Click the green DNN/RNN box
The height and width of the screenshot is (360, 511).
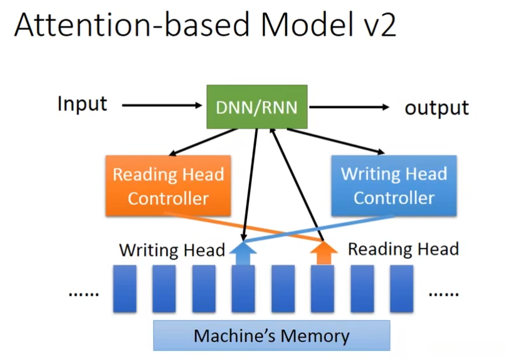tap(257, 107)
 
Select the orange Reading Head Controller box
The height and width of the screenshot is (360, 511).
tap(168, 186)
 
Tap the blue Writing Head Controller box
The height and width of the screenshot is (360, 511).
tap(394, 186)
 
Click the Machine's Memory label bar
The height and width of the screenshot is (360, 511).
tap(271, 336)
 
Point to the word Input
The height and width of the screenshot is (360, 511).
tap(82, 104)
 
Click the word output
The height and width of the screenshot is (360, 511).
tap(436, 107)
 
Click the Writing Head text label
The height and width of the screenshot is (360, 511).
tap(172, 251)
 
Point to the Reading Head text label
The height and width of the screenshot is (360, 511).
tap(403, 250)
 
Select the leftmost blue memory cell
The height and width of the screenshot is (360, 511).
tap(125, 289)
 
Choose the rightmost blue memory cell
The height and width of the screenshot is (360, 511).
tap(402, 289)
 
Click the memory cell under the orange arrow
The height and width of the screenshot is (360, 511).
tap(323, 289)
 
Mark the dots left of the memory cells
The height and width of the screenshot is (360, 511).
tap(83, 293)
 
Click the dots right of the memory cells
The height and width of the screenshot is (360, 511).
tap(443, 293)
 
